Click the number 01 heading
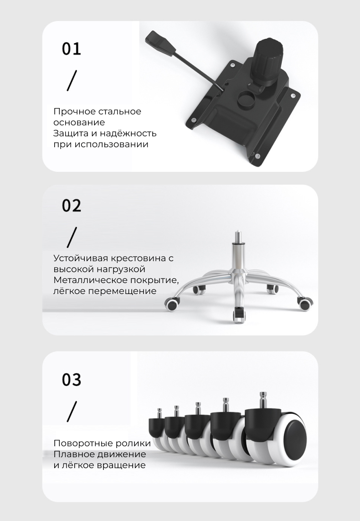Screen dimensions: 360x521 [72, 48]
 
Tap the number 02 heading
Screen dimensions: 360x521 [72, 205]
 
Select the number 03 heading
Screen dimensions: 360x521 [72, 379]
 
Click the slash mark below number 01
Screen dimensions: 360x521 [72, 80]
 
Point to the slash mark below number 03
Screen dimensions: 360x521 [72, 411]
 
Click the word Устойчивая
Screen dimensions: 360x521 [81, 258]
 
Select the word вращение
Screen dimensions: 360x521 [121, 465]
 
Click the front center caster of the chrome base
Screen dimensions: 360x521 [239, 315]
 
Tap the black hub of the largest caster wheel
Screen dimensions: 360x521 [294, 436]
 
